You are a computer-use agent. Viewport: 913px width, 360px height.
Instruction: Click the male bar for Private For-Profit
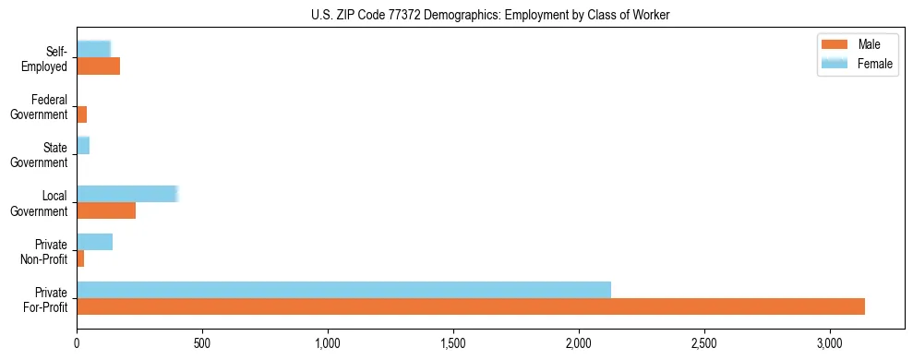(x=471, y=306)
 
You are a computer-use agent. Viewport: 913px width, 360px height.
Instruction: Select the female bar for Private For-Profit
(x=343, y=290)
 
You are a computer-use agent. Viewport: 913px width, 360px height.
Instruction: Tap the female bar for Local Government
(x=126, y=194)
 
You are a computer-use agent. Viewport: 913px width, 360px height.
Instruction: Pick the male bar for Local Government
(x=106, y=210)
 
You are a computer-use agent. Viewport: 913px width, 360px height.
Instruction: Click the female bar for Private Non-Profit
(x=94, y=242)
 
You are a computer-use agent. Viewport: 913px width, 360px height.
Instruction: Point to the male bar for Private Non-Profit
(x=80, y=258)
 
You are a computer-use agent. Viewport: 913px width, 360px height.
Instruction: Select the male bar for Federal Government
(x=81, y=114)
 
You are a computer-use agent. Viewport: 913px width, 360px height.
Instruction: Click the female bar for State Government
(x=83, y=146)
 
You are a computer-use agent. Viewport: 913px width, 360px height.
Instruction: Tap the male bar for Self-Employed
(x=98, y=66)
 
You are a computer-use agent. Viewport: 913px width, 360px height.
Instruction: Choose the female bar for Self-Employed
(x=93, y=50)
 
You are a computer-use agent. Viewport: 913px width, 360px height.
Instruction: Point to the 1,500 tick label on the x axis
(x=453, y=343)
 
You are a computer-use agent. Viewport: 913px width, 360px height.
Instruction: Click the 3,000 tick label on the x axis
(x=830, y=343)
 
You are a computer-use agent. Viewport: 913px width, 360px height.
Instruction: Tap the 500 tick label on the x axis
(x=202, y=343)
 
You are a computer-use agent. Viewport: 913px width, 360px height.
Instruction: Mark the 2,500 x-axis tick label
(x=704, y=343)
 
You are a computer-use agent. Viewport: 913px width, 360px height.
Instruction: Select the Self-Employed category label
(x=47, y=58)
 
